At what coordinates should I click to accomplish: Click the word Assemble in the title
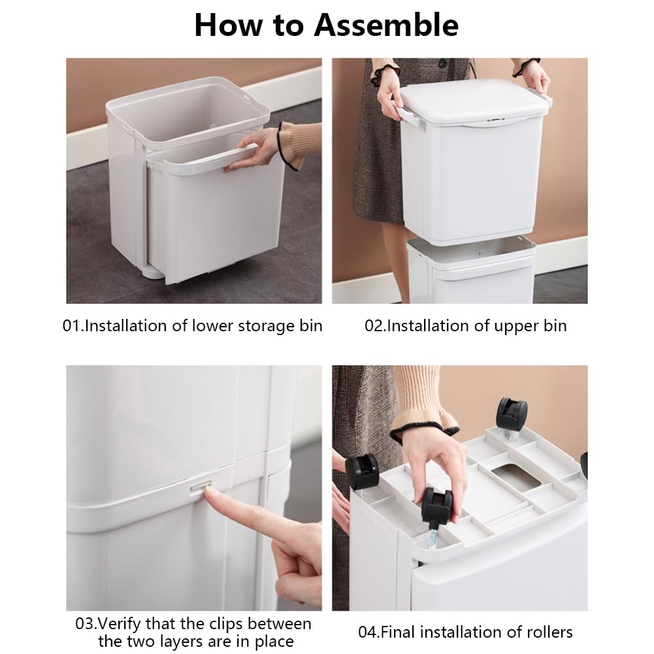pos(386,25)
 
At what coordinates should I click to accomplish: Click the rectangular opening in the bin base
pos(516,478)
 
